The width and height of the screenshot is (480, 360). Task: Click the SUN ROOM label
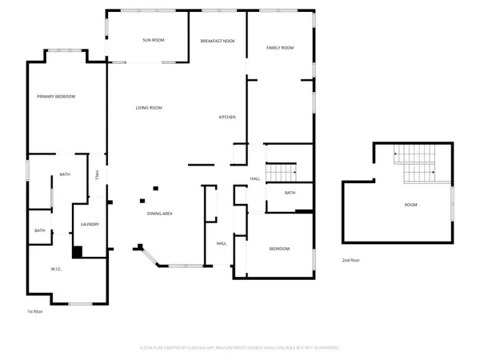point(154,39)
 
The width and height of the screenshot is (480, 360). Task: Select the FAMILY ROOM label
point(280,48)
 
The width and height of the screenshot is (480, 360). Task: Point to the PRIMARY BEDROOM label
point(56,96)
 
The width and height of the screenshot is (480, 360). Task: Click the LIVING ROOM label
point(149,107)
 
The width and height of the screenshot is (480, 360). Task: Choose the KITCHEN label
point(227,118)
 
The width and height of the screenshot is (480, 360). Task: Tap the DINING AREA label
point(160,213)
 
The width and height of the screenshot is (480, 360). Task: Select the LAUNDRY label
point(90,224)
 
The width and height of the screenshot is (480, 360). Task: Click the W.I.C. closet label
point(57,269)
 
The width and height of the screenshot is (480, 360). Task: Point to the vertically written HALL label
point(97,175)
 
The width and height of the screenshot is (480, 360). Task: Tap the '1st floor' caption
point(34,310)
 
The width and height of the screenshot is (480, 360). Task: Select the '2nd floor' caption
point(350,261)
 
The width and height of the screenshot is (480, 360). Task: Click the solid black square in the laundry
point(78,252)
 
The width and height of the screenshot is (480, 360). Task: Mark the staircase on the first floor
point(281,171)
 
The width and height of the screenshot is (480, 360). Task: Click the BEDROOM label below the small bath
point(279,249)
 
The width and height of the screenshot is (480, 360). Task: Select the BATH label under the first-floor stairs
point(290,193)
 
